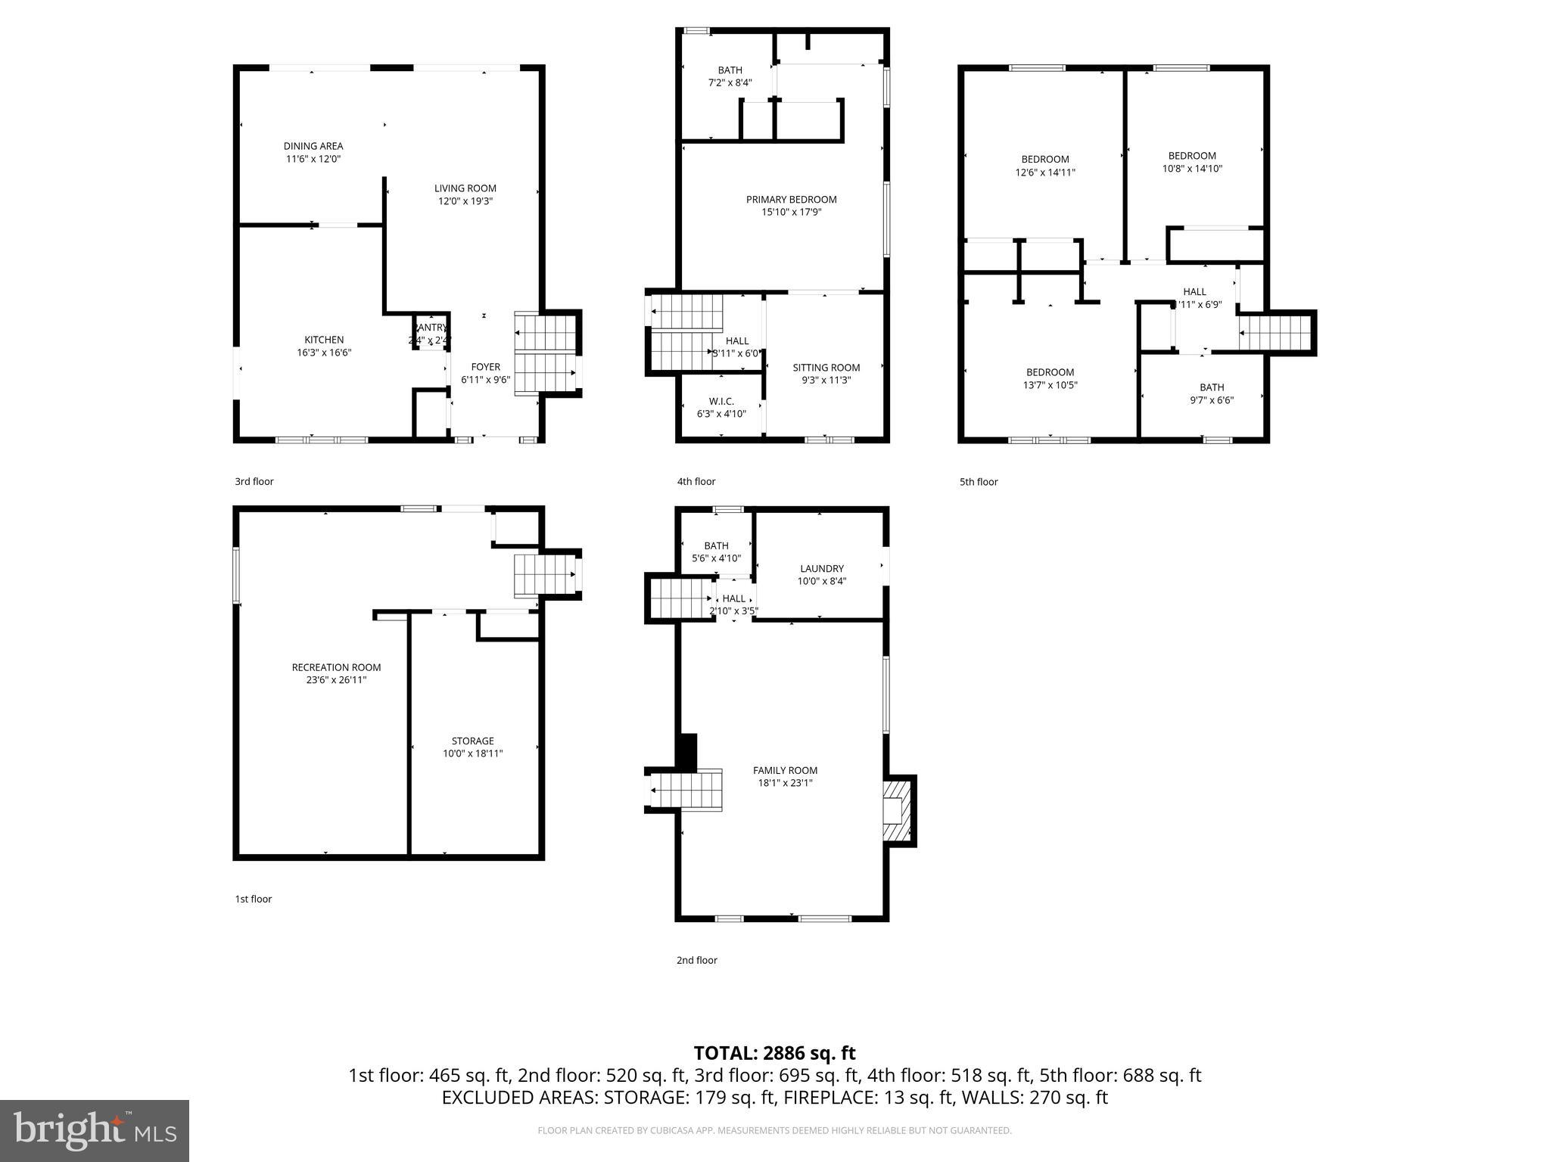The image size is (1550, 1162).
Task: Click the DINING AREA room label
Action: coord(313,146)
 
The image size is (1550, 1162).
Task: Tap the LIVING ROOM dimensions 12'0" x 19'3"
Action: coord(465,201)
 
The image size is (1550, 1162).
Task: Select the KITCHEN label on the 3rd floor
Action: coord(324,340)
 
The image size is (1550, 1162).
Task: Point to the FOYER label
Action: coord(485,367)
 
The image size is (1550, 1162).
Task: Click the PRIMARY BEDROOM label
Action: coord(791,200)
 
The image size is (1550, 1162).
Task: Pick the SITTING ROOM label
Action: coord(826,368)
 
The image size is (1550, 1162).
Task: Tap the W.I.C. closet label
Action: coord(721,401)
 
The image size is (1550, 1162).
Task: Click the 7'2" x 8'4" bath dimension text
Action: coord(730,82)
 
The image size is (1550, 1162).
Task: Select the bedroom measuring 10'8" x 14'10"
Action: coord(1192,162)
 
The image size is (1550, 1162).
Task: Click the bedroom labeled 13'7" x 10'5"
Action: coord(1050,378)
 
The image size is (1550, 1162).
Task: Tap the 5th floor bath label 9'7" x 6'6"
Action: coord(1211,393)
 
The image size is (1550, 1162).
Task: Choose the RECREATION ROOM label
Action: coord(336,667)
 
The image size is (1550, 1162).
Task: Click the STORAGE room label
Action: coord(472,741)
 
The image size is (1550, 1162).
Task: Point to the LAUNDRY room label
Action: coord(821,568)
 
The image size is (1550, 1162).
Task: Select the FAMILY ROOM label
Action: coord(785,770)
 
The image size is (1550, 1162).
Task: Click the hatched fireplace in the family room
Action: coord(898,811)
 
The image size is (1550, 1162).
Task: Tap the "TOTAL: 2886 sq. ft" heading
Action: coord(774,1053)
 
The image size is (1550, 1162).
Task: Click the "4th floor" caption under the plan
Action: coord(696,481)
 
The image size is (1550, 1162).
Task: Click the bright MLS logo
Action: coord(95,1130)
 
